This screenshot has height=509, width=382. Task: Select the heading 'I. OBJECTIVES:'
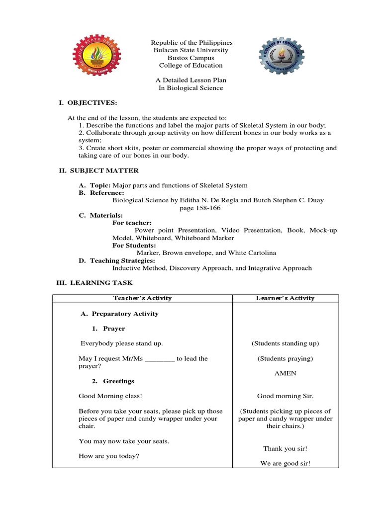click(88, 102)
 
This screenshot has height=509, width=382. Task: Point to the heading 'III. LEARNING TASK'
click(95, 282)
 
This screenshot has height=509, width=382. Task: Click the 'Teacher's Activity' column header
click(142, 298)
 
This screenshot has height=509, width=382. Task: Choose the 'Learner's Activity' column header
click(285, 298)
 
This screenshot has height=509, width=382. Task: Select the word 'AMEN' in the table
click(285, 373)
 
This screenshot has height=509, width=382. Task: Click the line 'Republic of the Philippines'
click(191, 43)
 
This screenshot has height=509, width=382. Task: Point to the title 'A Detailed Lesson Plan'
click(191, 80)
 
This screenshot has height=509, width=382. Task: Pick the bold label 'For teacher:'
click(132, 223)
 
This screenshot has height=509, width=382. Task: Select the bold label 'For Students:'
click(134, 246)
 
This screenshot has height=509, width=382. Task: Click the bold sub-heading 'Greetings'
click(118, 381)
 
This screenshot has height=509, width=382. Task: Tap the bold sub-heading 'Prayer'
click(114, 329)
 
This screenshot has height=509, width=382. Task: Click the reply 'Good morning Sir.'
click(285, 396)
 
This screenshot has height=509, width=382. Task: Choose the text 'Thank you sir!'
click(285, 448)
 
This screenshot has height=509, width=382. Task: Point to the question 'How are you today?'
click(108, 456)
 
